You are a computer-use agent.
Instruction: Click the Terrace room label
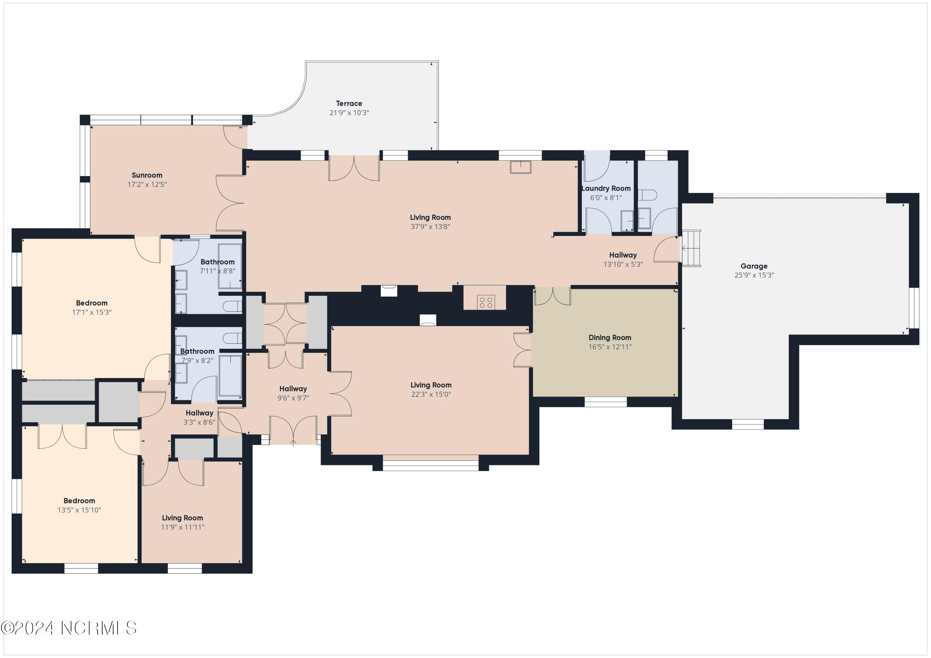[x=349, y=103]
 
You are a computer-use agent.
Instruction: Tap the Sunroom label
[x=147, y=175]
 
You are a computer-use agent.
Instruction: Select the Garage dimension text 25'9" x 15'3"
[x=754, y=275]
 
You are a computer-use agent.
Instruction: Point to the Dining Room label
[x=610, y=337]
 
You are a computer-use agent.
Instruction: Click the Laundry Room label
[x=606, y=189]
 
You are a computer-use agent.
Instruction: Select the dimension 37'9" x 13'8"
[x=430, y=226]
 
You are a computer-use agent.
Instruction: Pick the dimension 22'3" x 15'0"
[x=431, y=394]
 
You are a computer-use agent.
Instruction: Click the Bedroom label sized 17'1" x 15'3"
[x=92, y=303]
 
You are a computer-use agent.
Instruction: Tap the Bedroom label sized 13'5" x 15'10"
[x=79, y=501]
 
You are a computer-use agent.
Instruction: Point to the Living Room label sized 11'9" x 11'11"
[x=182, y=518]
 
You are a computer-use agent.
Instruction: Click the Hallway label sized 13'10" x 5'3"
[x=623, y=255]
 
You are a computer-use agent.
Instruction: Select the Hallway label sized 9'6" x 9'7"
[x=293, y=389]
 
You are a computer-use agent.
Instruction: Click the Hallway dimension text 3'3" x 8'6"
[x=200, y=422]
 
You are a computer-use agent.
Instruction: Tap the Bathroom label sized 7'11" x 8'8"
[x=217, y=262]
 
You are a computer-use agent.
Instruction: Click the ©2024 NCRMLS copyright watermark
[x=69, y=628]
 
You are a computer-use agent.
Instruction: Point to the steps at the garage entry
[x=691, y=248]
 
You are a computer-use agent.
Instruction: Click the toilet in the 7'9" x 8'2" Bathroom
[x=233, y=338]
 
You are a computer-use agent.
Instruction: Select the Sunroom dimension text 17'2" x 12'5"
[x=147, y=185]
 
